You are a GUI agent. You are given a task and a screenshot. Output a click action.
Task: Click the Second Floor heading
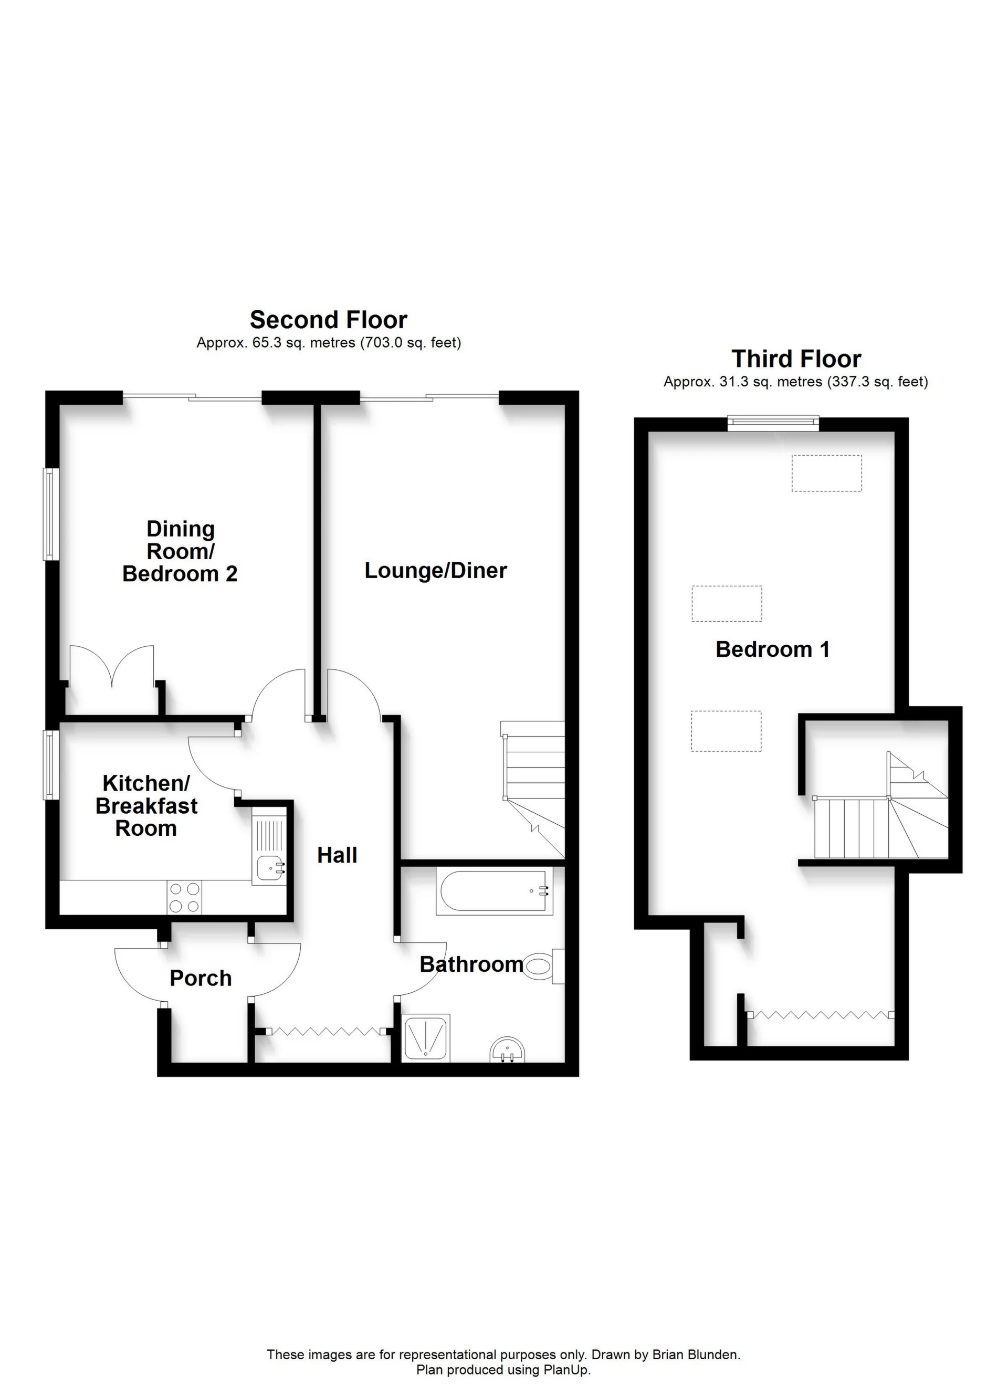328,320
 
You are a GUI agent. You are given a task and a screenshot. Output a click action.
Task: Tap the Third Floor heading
796,359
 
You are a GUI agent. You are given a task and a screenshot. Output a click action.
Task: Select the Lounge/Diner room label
435,571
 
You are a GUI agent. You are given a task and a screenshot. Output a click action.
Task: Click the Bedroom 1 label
773,649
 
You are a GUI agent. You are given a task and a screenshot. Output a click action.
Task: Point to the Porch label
201,979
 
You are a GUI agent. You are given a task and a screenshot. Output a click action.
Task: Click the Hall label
337,855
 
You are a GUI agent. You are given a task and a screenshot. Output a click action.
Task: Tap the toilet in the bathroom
542,966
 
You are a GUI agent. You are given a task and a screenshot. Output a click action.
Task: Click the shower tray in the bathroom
426,1038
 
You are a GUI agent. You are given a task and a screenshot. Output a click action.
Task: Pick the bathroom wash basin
507,1051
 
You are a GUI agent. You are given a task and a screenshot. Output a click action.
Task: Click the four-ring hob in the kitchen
184,897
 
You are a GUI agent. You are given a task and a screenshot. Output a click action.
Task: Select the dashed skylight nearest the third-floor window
826,473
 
